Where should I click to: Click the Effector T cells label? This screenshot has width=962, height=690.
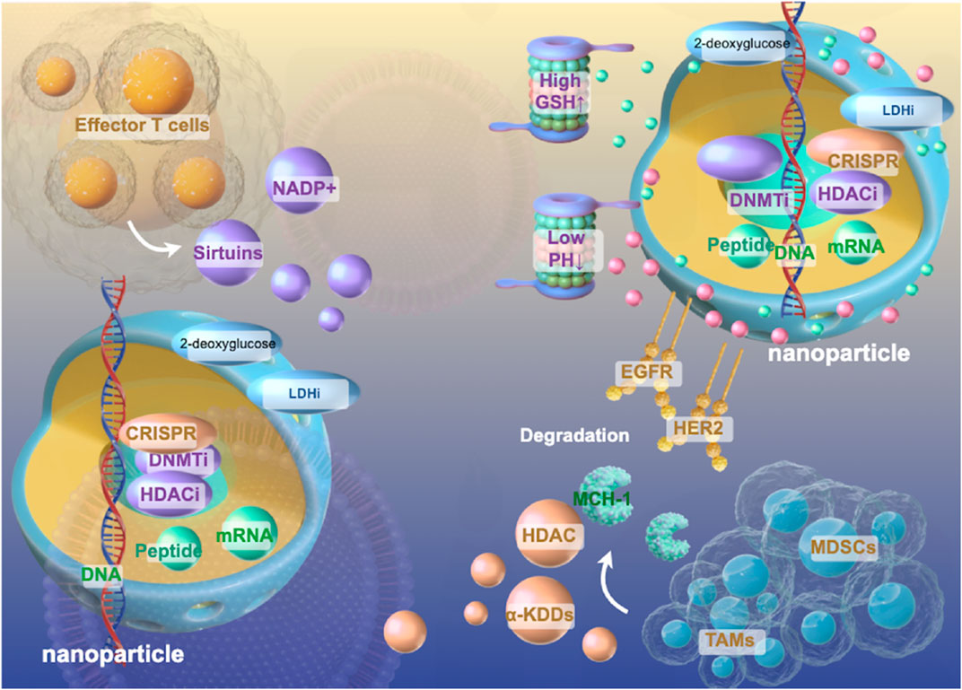click(144, 125)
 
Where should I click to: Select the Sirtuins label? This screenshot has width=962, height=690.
click(228, 254)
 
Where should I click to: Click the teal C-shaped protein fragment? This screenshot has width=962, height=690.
click(670, 534)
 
